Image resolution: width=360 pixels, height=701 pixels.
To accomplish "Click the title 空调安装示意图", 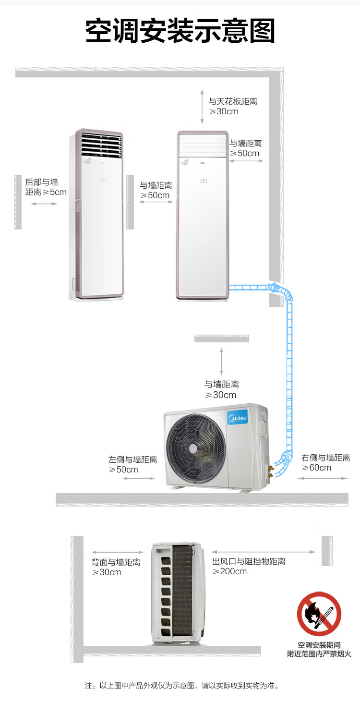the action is pyautogui.click(x=180, y=31).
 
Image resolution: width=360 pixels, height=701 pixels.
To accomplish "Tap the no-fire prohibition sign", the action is pyautogui.click(x=319, y=614).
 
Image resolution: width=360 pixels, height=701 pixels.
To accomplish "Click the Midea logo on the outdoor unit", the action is pyautogui.click(x=238, y=418).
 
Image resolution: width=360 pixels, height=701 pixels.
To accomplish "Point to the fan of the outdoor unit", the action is pyautogui.click(x=196, y=448).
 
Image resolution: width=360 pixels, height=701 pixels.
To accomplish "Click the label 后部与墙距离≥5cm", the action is pyautogui.click(x=46, y=187).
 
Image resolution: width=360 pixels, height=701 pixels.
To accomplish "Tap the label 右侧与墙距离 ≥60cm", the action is pyautogui.click(x=325, y=462).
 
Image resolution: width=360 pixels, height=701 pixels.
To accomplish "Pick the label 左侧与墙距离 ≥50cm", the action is pyautogui.click(x=132, y=464).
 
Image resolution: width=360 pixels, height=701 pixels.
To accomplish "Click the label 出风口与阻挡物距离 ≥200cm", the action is pyautogui.click(x=249, y=566).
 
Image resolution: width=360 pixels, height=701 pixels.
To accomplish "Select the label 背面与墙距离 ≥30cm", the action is pyautogui.click(x=116, y=567).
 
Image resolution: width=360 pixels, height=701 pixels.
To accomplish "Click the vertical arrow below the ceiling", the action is pyautogui.click(x=202, y=107).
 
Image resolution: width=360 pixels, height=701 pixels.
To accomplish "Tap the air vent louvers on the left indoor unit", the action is pyautogui.click(x=101, y=145).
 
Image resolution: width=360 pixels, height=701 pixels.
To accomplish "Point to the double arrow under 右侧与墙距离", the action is pyautogui.click(x=323, y=478).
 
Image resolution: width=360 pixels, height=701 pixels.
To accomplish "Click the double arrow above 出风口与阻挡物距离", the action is pyautogui.click(x=263, y=552).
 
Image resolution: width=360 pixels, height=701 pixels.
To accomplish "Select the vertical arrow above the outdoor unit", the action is pyautogui.click(x=221, y=361).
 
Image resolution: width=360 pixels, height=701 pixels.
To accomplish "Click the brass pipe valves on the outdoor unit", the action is pyautogui.click(x=270, y=471).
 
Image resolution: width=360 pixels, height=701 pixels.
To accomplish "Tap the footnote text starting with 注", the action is pyautogui.click(x=182, y=685).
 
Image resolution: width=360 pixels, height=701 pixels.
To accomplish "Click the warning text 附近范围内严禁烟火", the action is pyautogui.click(x=319, y=654).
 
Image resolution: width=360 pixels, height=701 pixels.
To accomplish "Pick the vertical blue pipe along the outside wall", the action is pyautogui.click(x=289, y=375).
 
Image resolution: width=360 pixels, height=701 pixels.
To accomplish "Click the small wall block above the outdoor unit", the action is pyautogui.click(x=221, y=338).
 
